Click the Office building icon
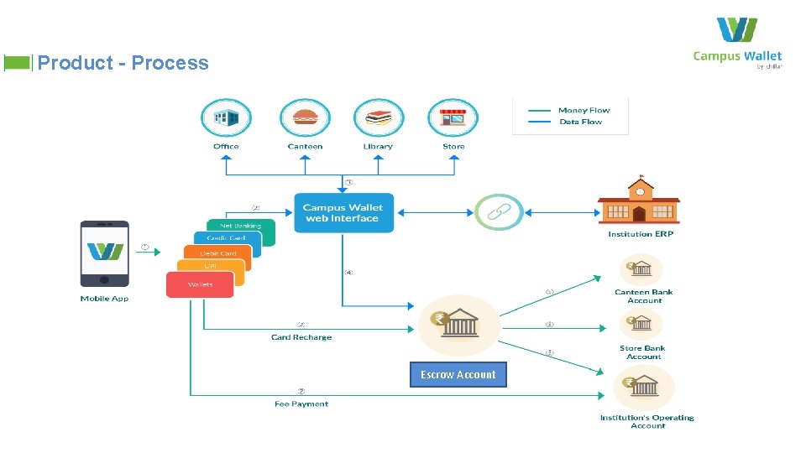(226, 118)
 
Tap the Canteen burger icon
(305, 118)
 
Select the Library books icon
(378, 118)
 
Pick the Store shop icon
(453, 118)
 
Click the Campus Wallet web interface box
(343, 213)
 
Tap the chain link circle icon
(499, 212)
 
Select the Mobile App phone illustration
(104, 255)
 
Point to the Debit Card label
(217, 253)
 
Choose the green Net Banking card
(242, 225)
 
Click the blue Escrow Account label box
(458, 375)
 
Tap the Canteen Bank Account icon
(641, 270)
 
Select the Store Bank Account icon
(641, 324)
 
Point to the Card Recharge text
(301, 337)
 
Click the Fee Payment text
(301, 404)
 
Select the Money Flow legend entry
(584, 110)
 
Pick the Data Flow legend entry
(580, 122)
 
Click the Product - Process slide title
(123, 63)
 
